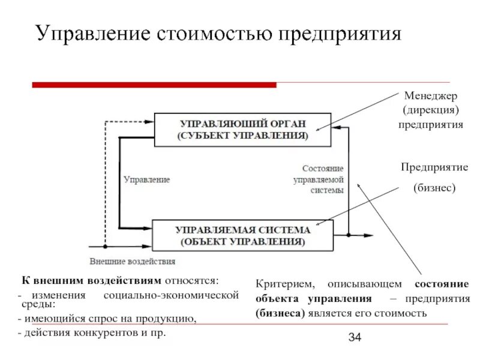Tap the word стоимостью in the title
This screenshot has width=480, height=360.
[212, 34]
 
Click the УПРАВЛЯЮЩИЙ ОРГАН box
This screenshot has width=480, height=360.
[242, 129]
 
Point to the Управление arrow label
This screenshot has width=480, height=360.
[146, 179]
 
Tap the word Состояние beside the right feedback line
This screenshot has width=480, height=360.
[323, 169]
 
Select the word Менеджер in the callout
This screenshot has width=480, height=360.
[431, 96]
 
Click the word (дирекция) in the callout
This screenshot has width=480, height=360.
[431, 110]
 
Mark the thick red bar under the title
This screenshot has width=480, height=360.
[154, 85]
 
